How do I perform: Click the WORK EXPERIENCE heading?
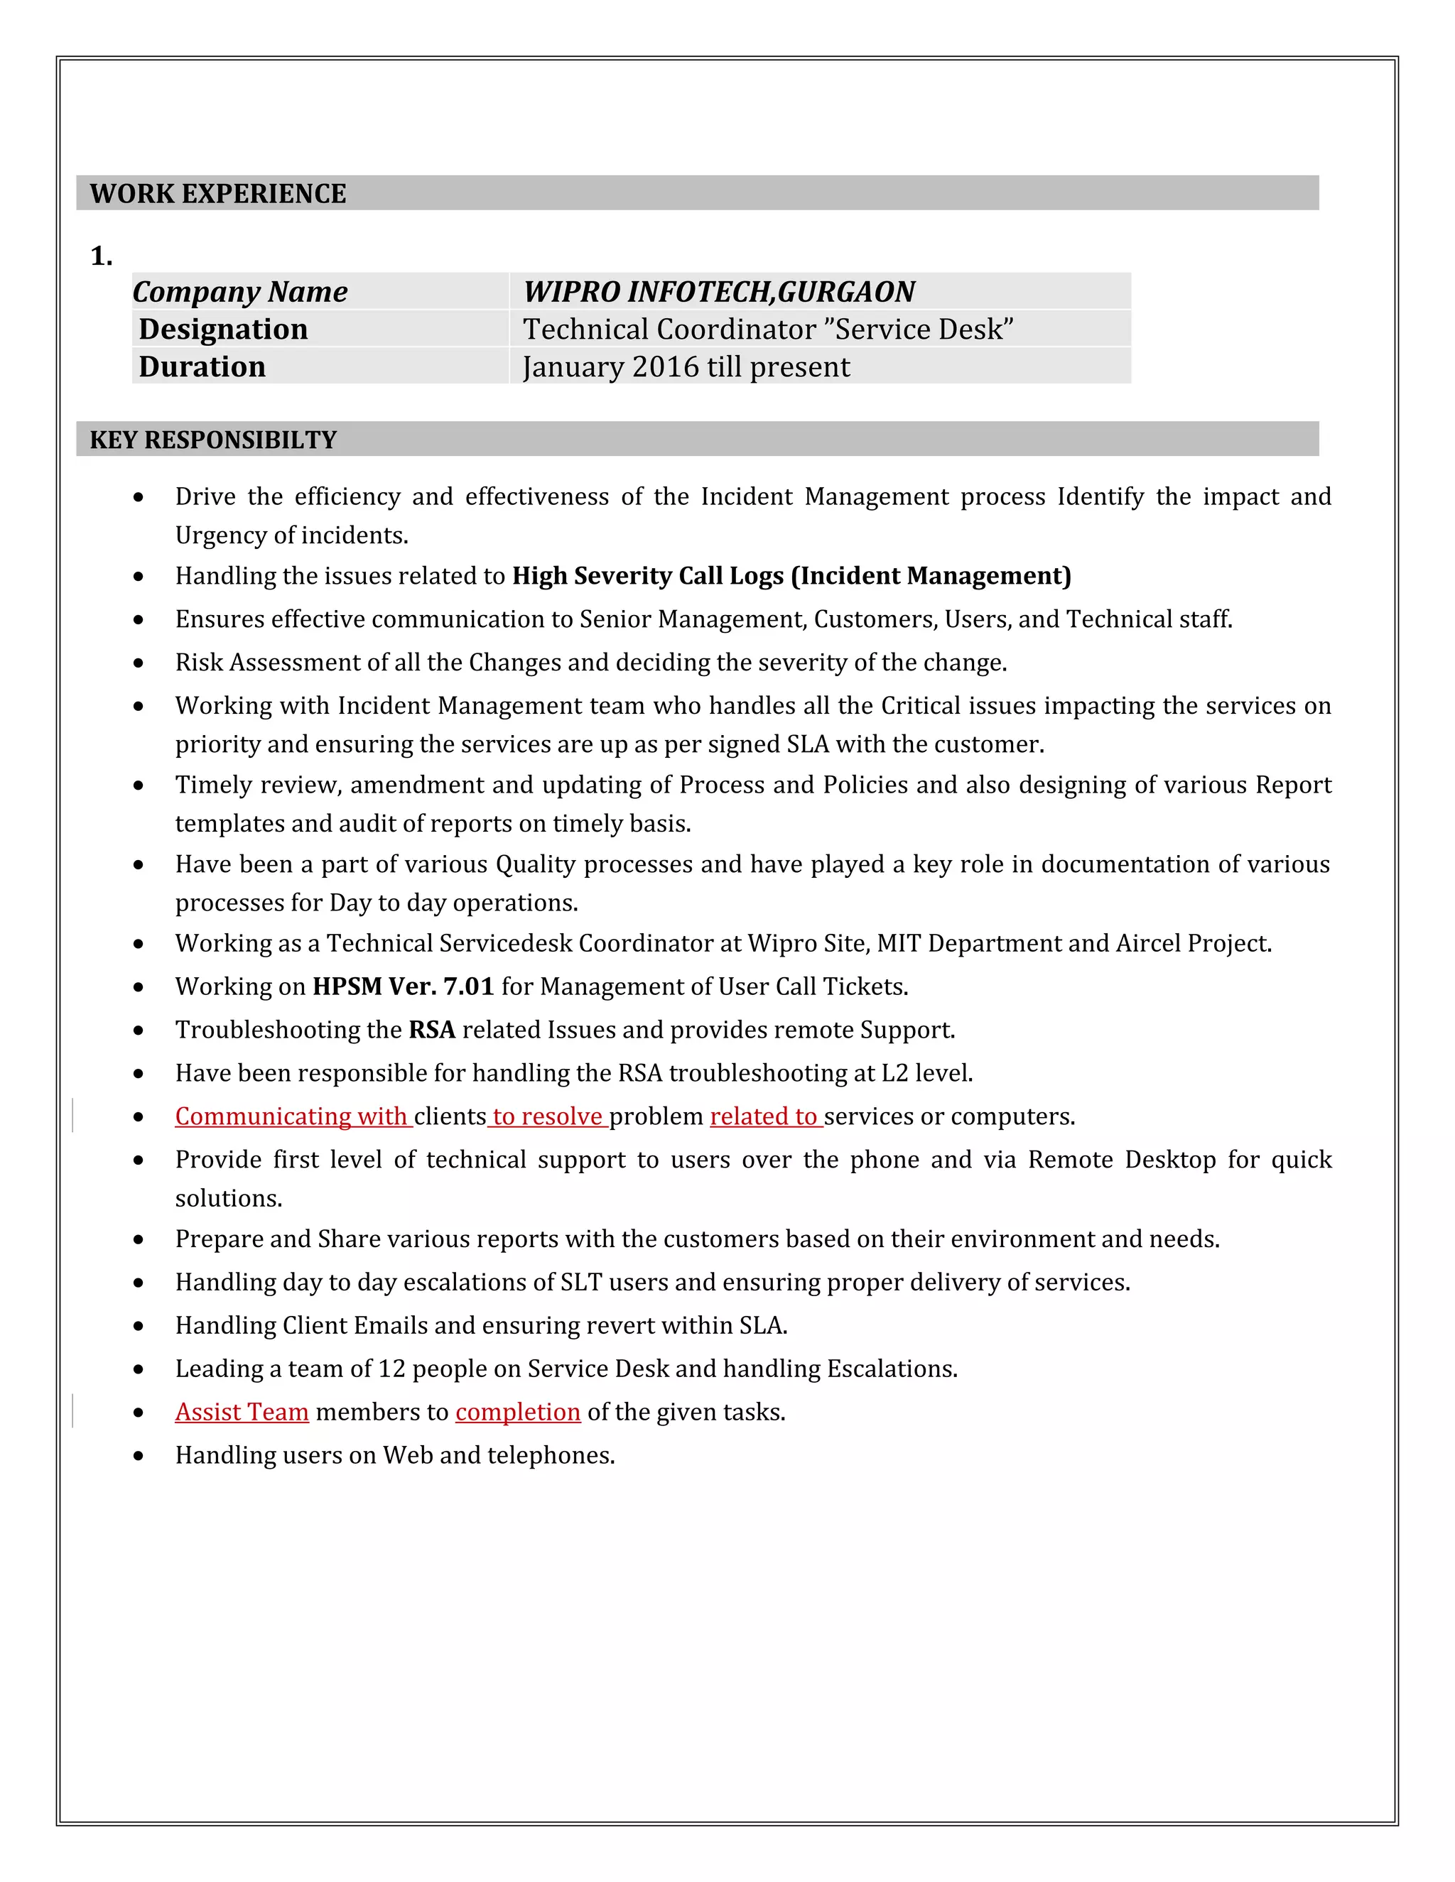pyautogui.click(x=217, y=194)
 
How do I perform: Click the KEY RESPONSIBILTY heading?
pyautogui.click(x=213, y=440)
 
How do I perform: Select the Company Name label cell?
pyautogui.click(x=241, y=292)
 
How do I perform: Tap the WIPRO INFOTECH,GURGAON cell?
pyautogui.click(x=719, y=292)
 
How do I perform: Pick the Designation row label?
pyautogui.click(x=223, y=330)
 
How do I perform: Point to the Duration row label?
pyautogui.click(x=202, y=367)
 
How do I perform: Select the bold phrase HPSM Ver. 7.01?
pyautogui.click(x=403, y=986)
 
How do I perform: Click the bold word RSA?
pyautogui.click(x=431, y=1030)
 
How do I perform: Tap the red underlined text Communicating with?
pyautogui.click(x=291, y=1117)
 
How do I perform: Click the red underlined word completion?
pyautogui.click(x=518, y=1413)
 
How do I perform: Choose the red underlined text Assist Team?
pyautogui.click(x=242, y=1413)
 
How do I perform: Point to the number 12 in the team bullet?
pyautogui.click(x=391, y=1369)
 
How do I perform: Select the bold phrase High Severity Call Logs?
pyautogui.click(x=648, y=576)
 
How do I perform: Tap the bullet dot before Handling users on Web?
pyautogui.click(x=139, y=1457)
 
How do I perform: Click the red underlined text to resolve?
pyautogui.click(x=547, y=1117)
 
